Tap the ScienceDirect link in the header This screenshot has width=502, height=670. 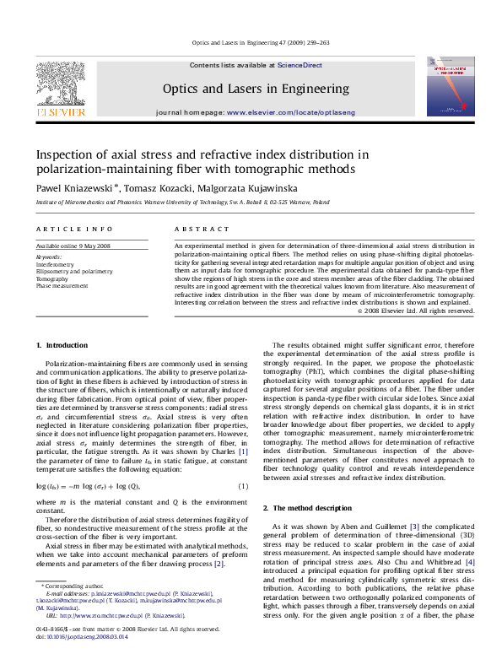pos(300,65)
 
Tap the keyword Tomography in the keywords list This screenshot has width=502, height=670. pos(51,278)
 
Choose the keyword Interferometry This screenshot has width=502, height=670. pos(54,264)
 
